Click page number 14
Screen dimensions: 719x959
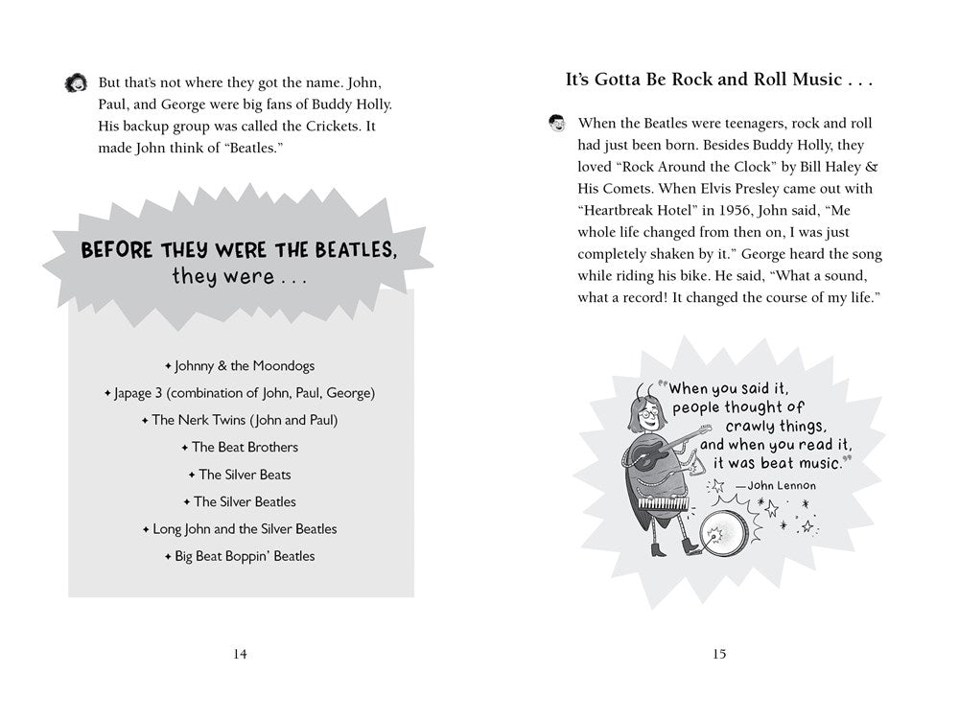(x=240, y=655)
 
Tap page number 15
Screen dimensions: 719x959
(x=719, y=655)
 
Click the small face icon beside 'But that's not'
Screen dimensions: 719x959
(x=74, y=83)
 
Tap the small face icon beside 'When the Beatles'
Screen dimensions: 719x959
(x=555, y=123)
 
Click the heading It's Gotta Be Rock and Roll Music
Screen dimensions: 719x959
(x=719, y=81)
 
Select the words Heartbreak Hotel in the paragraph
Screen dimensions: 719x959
(x=637, y=211)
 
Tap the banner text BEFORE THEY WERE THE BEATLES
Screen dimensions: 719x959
(x=239, y=251)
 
